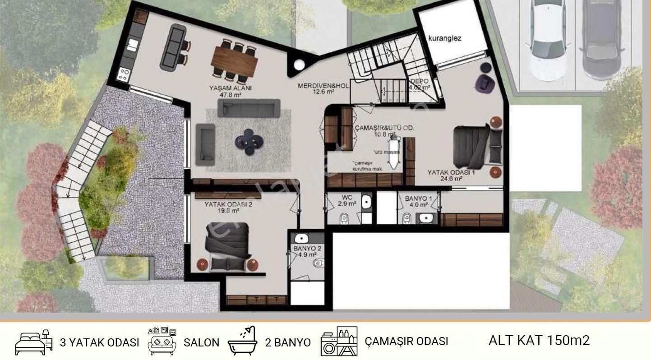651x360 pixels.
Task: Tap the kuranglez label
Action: click(445, 38)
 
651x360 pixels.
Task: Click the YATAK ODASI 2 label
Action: click(228, 207)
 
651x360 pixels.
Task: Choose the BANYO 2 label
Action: click(307, 251)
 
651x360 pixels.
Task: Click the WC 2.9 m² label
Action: click(347, 201)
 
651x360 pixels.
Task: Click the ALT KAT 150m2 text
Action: click(539, 340)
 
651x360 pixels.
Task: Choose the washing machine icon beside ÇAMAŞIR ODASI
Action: click(339, 341)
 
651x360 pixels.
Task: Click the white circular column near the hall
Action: click(299, 65)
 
